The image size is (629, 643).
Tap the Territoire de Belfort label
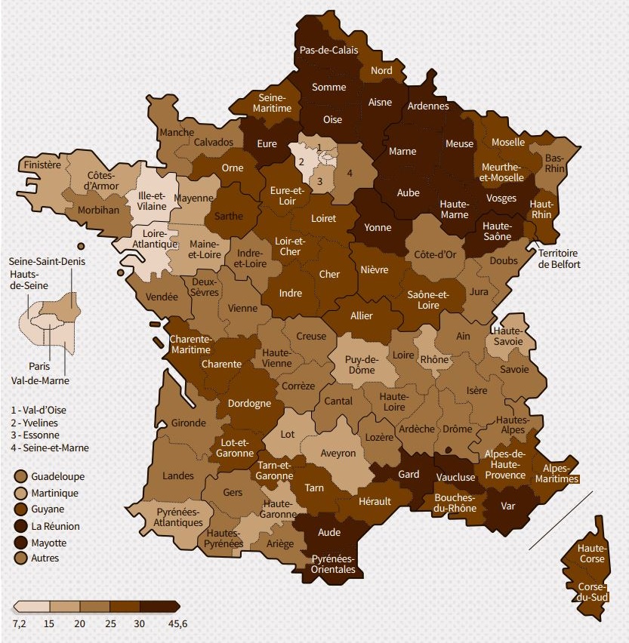pos(558,260)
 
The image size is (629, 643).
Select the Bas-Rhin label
pos(553,163)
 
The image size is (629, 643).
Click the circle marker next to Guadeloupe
pos(20,476)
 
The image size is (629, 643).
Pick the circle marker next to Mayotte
pos(20,543)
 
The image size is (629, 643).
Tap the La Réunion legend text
pos(57,526)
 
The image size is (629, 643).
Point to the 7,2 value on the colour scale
pos(20,623)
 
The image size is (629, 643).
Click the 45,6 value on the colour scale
pos(178,623)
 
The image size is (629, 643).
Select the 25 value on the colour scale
pos(110,623)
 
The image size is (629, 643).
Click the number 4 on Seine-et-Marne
pos(350,172)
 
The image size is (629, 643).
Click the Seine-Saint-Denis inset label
pos(47,261)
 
